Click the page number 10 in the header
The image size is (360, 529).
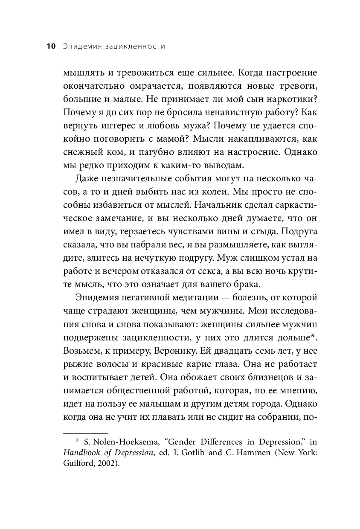(x=51, y=46)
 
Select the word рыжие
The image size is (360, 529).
(x=76, y=364)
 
